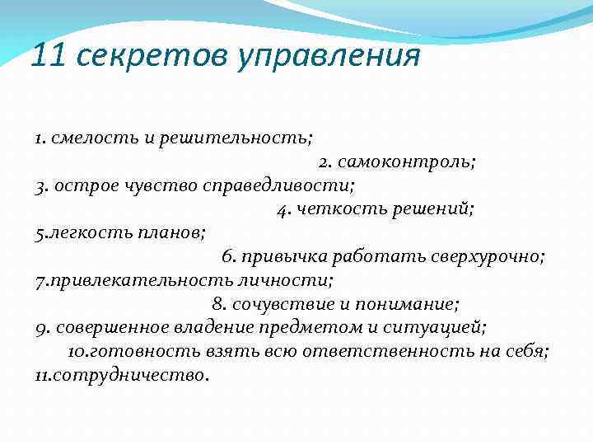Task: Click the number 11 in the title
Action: coord(48,56)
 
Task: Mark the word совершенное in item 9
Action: coord(113,327)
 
